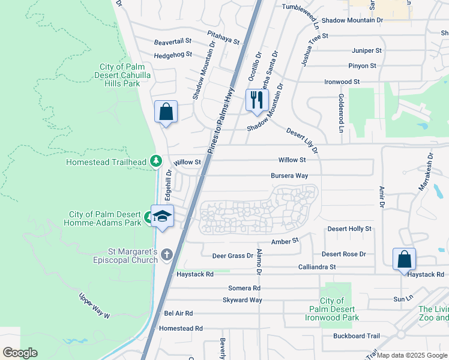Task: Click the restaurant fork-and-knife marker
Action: tap(256, 100)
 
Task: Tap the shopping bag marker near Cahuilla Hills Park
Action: tap(166, 112)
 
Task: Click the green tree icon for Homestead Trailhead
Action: tap(155, 161)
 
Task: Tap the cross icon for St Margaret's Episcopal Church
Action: tap(166, 255)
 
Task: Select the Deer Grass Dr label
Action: tap(233, 256)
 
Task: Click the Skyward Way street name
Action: tap(243, 299)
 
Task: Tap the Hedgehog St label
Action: tap(173, 54)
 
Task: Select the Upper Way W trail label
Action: tap(94, 305)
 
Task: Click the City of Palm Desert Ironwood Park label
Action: tap(339, 309)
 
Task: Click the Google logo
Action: tap(20, 353)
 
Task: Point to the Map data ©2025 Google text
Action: tap(412, 356)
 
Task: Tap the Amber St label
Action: tap(285, 241)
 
